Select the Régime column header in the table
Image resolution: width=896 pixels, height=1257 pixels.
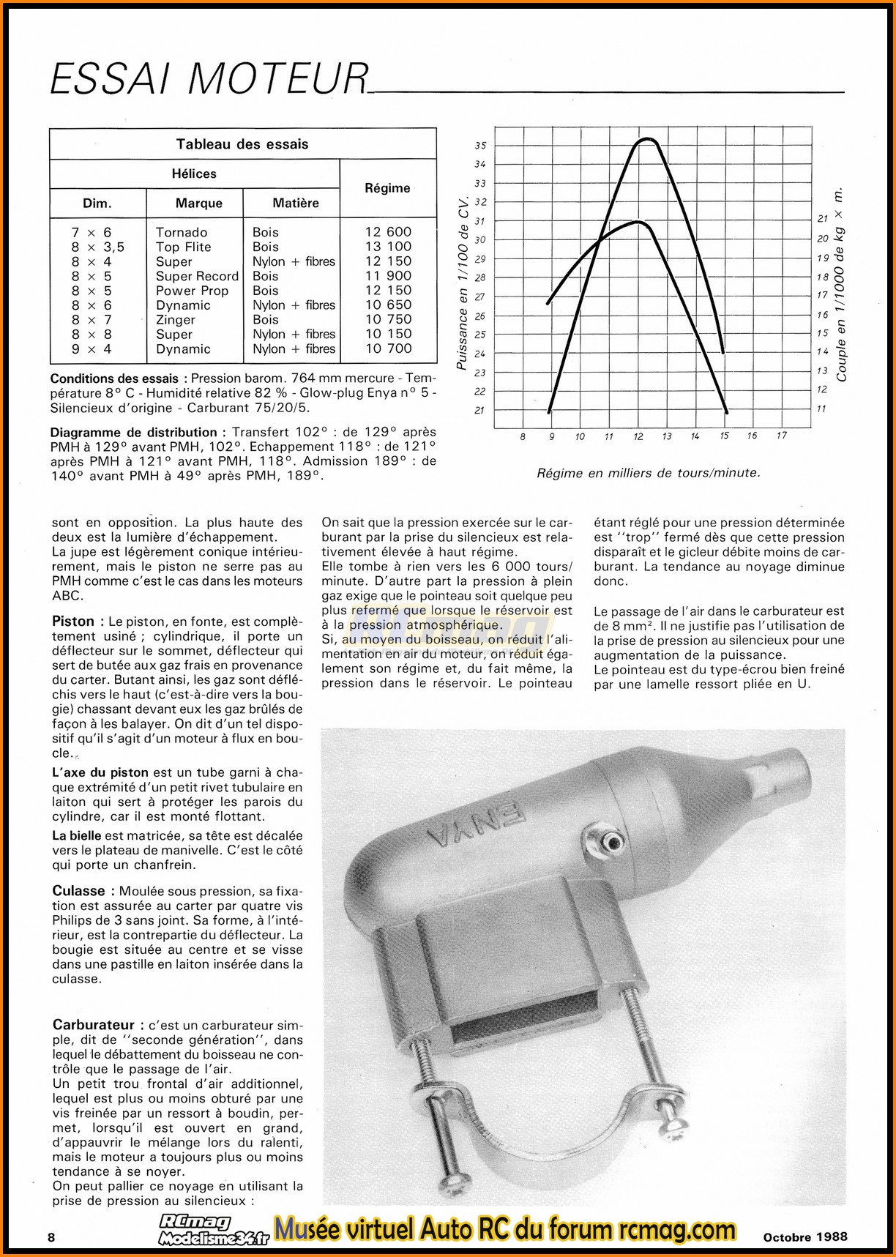[387, 188]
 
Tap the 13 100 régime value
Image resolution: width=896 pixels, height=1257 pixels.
[388, 247]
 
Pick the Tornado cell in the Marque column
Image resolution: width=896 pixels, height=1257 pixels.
[182, 232]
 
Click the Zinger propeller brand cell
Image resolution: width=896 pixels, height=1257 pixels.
[176, 320]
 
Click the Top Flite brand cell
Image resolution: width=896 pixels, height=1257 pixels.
[184, 247]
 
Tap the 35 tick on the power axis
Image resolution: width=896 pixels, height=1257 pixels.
[480, 146]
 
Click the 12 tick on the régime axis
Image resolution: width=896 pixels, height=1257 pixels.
[638, 436]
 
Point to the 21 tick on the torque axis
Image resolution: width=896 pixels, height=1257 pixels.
[822, 219]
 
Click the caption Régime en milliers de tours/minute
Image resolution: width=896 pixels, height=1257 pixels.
[649, 473]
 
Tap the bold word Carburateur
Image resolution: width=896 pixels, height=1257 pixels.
[93, 1025]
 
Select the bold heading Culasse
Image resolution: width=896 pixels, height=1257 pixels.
[78, 891]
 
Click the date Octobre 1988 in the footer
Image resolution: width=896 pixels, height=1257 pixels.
[805, 1237]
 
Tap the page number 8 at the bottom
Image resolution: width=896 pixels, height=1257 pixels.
[51, 1237]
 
